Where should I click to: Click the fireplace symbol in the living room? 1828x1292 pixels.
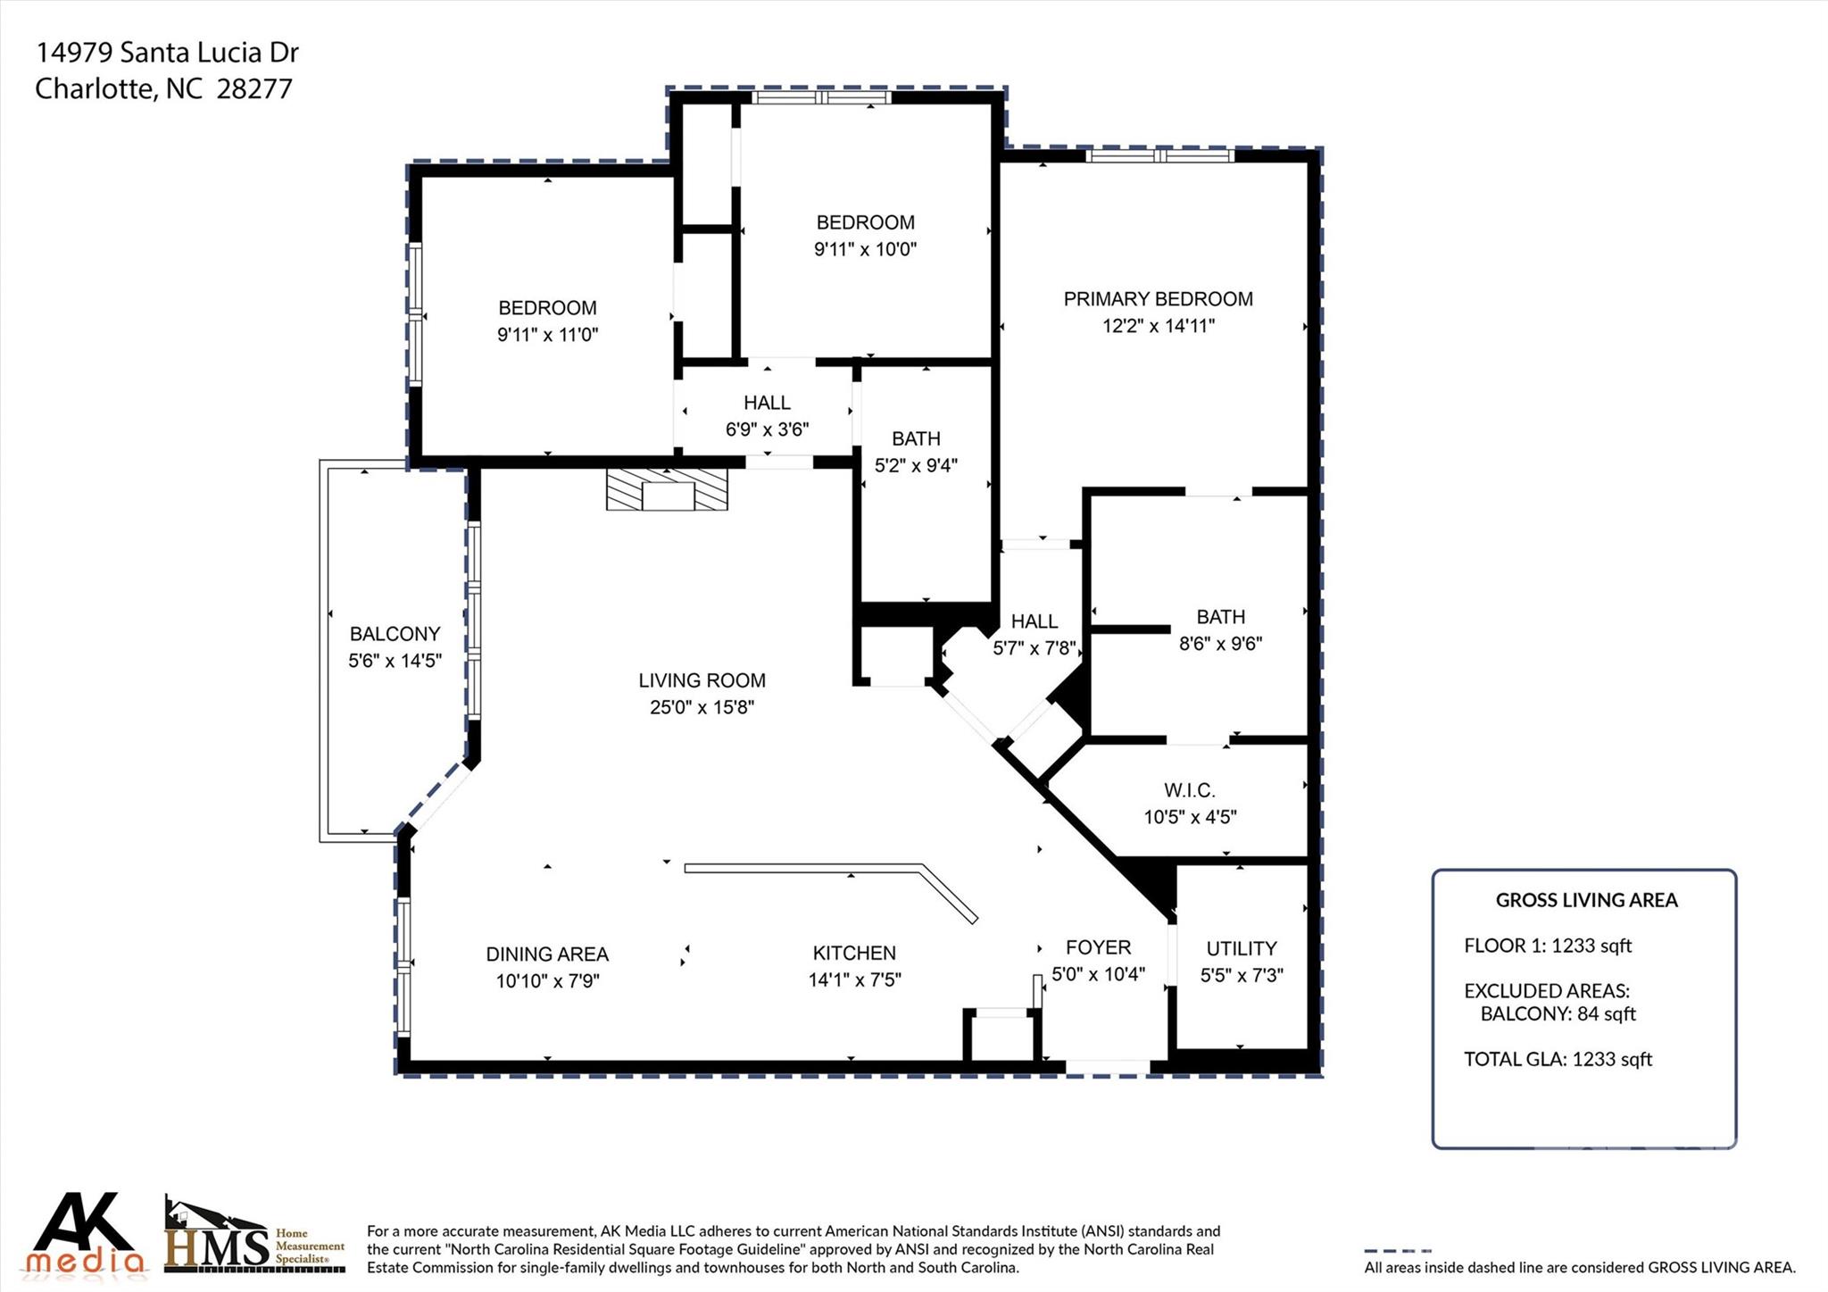(667, 489)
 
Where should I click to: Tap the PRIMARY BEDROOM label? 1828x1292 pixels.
(1158, 299)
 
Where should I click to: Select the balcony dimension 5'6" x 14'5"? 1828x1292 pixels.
(395, 662)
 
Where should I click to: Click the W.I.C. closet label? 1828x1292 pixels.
(1189, 790)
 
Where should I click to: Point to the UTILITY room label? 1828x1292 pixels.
(1241, 948)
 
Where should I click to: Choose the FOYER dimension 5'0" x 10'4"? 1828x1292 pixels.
(1098, 974)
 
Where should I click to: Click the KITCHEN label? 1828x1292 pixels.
(854, 953)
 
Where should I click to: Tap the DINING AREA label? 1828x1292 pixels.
(547, 954)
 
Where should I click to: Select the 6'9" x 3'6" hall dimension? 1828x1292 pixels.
(767, 429)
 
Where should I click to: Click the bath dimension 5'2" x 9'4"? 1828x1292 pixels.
(916, 465)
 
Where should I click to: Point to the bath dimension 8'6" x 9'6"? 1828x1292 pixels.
(1220, 644)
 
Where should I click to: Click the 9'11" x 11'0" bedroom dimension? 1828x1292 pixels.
(547, 335)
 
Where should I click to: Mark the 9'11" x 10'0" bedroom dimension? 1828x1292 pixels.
(865, 249)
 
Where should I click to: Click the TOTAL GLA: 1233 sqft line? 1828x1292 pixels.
(1558, 1059)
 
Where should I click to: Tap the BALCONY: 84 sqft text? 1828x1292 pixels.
(1558, 1013)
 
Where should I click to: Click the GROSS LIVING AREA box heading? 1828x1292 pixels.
(1586, 900)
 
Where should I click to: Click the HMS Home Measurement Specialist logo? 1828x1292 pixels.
(254, 1237)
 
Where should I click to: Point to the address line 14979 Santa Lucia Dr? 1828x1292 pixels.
(167, 53)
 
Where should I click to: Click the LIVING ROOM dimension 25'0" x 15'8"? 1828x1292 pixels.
(702, 707)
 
